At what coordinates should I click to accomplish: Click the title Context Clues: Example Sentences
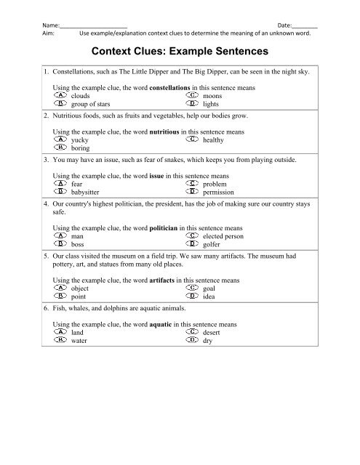pyautogui.click(x=180, y=53)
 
